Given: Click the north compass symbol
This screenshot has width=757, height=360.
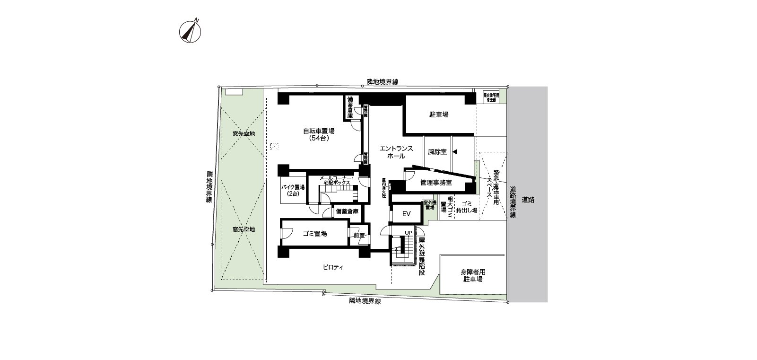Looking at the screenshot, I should pyautogui.click(x=190, y=31).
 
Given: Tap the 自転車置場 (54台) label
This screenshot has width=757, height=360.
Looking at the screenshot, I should pyautogui.click(x=319, y=135).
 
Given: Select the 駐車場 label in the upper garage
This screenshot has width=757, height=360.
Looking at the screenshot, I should pyautogui.click(x=438, y=114).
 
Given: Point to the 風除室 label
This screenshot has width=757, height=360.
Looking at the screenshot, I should pyautogui.click(x=437, y=152).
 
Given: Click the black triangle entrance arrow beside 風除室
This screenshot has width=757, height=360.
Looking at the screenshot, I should pyautogui.click(x=455, y=152).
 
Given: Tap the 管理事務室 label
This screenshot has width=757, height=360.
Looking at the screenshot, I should pyautogui.click(x=435, y=182).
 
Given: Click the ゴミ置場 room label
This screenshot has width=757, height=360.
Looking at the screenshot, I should pyautogui.click(x=315, y=234).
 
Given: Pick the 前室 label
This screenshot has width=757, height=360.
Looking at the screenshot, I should pyautogui.click(x=359, y=235).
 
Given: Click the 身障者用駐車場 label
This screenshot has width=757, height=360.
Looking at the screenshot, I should pyautogui.click(x=473, y=276).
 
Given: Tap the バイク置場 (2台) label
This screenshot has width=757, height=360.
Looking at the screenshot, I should pyautogui.click(x=293, y=190).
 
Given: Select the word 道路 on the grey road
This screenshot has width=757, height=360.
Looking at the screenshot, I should pyautogui.click(x=528, y=200).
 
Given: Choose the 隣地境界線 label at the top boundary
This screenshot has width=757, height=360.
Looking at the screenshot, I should pyautogui.click(x=382, y=82).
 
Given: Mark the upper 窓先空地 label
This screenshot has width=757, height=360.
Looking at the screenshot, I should pyautogui.click(x=244, y=134).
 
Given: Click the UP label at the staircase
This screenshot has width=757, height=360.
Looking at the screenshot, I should pyautogui.click(x=408, y=232).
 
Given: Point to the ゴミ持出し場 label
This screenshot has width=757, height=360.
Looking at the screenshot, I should pyautogui.click(x=466, y=207).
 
